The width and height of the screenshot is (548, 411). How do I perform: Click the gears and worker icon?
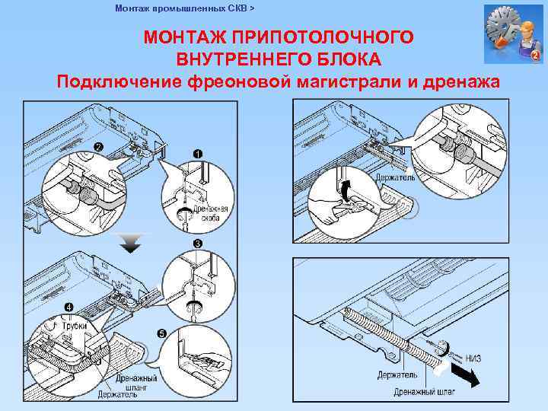tap(512, 34)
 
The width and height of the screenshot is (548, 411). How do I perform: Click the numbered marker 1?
tap(197, 153)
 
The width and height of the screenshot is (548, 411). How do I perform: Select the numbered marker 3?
tap(197, 244)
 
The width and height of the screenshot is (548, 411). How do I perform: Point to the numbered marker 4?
tap(69, 307)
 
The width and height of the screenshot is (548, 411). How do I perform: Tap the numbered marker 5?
tap(161, 333)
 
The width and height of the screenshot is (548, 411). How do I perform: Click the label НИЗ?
tap(473, 358)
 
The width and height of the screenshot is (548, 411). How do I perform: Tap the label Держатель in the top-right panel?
tap(395, 177)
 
